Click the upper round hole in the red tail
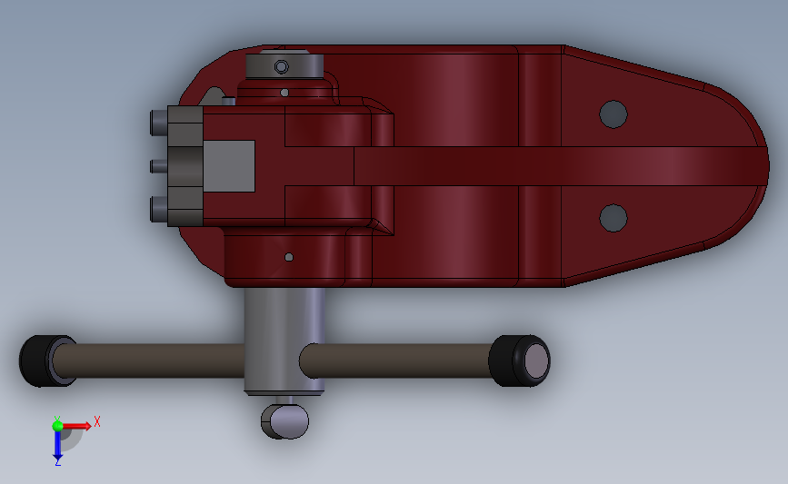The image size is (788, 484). pos(613,114)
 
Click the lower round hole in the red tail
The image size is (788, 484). pos(613,217)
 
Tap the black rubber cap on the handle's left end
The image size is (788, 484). pos(37,361)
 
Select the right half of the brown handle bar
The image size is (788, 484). pos(395,361)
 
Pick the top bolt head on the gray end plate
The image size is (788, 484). pos(157,122)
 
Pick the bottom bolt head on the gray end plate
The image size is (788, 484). pos(157,209)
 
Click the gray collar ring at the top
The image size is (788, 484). pos(284,65)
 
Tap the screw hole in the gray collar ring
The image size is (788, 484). pos(282,66)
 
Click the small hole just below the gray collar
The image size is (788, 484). pos(285,92)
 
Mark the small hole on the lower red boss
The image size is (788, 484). pos(289,257)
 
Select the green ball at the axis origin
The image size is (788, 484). pos(57,425)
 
